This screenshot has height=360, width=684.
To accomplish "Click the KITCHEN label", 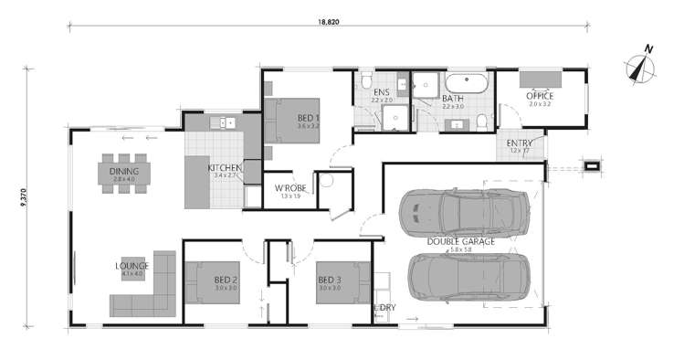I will pos(224,168).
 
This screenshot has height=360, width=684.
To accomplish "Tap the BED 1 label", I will pos(307,118).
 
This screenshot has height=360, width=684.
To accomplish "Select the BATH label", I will pos(453,98).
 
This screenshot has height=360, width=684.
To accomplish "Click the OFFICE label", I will pos(540,95).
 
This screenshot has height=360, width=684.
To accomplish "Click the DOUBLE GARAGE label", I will pos(461,241).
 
